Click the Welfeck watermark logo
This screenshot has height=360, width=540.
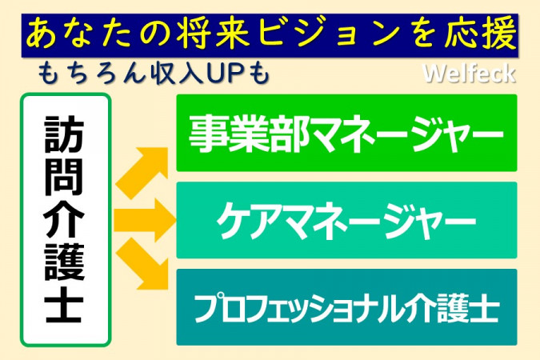coord(469,74)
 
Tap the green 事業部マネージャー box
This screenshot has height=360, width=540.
coord(346,133)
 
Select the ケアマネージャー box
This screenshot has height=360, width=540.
coord(346,220)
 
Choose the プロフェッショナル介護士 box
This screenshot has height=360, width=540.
coord(346,307)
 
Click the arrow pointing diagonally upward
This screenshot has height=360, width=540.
coord(142,172)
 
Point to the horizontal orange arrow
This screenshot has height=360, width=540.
coord(145,220)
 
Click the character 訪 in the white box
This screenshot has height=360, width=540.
coord(65,134)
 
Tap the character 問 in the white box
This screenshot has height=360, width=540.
coord(65,177)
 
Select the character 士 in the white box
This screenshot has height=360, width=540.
coord(65,303)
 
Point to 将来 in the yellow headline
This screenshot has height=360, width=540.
coord(213,34)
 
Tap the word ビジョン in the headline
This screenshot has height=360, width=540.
coord(330,34)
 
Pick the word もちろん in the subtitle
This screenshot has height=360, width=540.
coord(90,73)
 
